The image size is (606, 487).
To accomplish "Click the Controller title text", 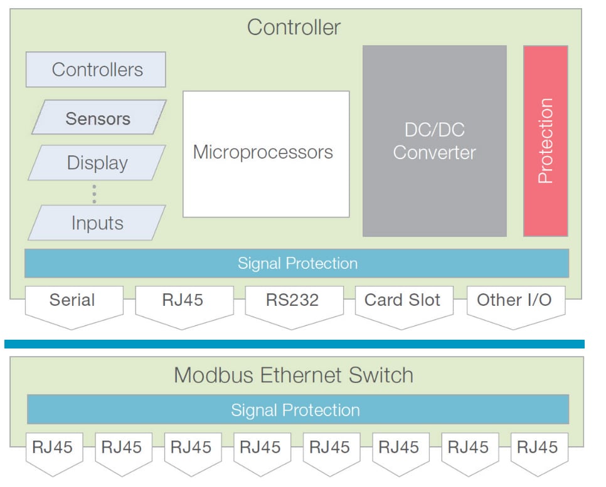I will tap(294, 28).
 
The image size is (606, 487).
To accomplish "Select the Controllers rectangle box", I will tap(96, 70).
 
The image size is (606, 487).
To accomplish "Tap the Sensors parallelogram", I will tap(98, 118).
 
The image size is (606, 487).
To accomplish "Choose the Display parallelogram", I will tap(97, 163).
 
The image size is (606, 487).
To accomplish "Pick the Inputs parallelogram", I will tap(97, 223).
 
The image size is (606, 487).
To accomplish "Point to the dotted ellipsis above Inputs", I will tap(94, 194).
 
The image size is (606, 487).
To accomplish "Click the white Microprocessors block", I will tap(265, 154).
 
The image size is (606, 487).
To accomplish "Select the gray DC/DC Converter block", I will tap(434, 141).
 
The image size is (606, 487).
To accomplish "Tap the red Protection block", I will tap(545, 141).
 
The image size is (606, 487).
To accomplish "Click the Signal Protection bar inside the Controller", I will tap(297, 263).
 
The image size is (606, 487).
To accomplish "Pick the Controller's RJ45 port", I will tap(183, 304).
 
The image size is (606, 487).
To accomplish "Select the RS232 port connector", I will tap(293, 304).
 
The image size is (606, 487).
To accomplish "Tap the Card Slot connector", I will tap(403, 304).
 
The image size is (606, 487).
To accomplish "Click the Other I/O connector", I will tap(514, 304).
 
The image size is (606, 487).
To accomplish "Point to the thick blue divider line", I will tap(294, 343).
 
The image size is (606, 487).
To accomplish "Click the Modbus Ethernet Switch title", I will tap(294, 375).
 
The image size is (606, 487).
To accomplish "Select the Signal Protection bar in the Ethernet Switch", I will tap(297, 410).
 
